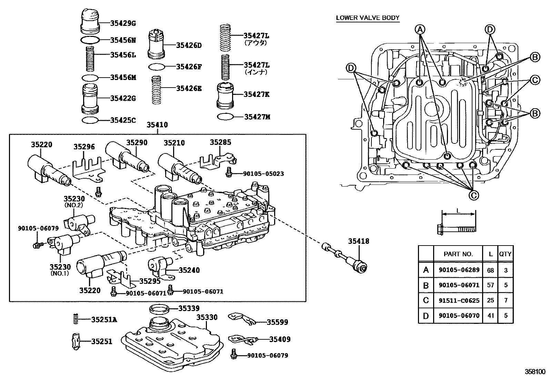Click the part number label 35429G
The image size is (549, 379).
(x=123, y=23)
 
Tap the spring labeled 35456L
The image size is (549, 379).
(x=90, y=59)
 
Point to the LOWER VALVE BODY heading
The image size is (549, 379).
(x=368, y=18)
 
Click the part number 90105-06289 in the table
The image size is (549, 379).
(x=459, y=270)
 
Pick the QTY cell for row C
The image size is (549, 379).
(x=506, y=300)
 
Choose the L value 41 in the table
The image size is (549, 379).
(x=490, y=316)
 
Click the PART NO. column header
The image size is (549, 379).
(x=458, y=254)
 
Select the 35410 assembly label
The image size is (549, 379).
(x=157, y=125)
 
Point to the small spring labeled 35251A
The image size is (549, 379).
(x=76, y=319)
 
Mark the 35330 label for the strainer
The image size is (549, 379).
(x=207, y=318)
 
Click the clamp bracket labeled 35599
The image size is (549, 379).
(x=242, y=319)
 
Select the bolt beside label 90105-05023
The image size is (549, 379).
(x=229, y=172)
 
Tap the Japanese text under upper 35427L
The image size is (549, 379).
(x=256, y=43)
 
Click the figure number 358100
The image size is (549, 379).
(x=535, y=372)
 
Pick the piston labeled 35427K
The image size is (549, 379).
(x=225, y=96)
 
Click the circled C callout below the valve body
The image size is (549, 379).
(x=473, y=196)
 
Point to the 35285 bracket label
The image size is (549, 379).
(x=220, y=142)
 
